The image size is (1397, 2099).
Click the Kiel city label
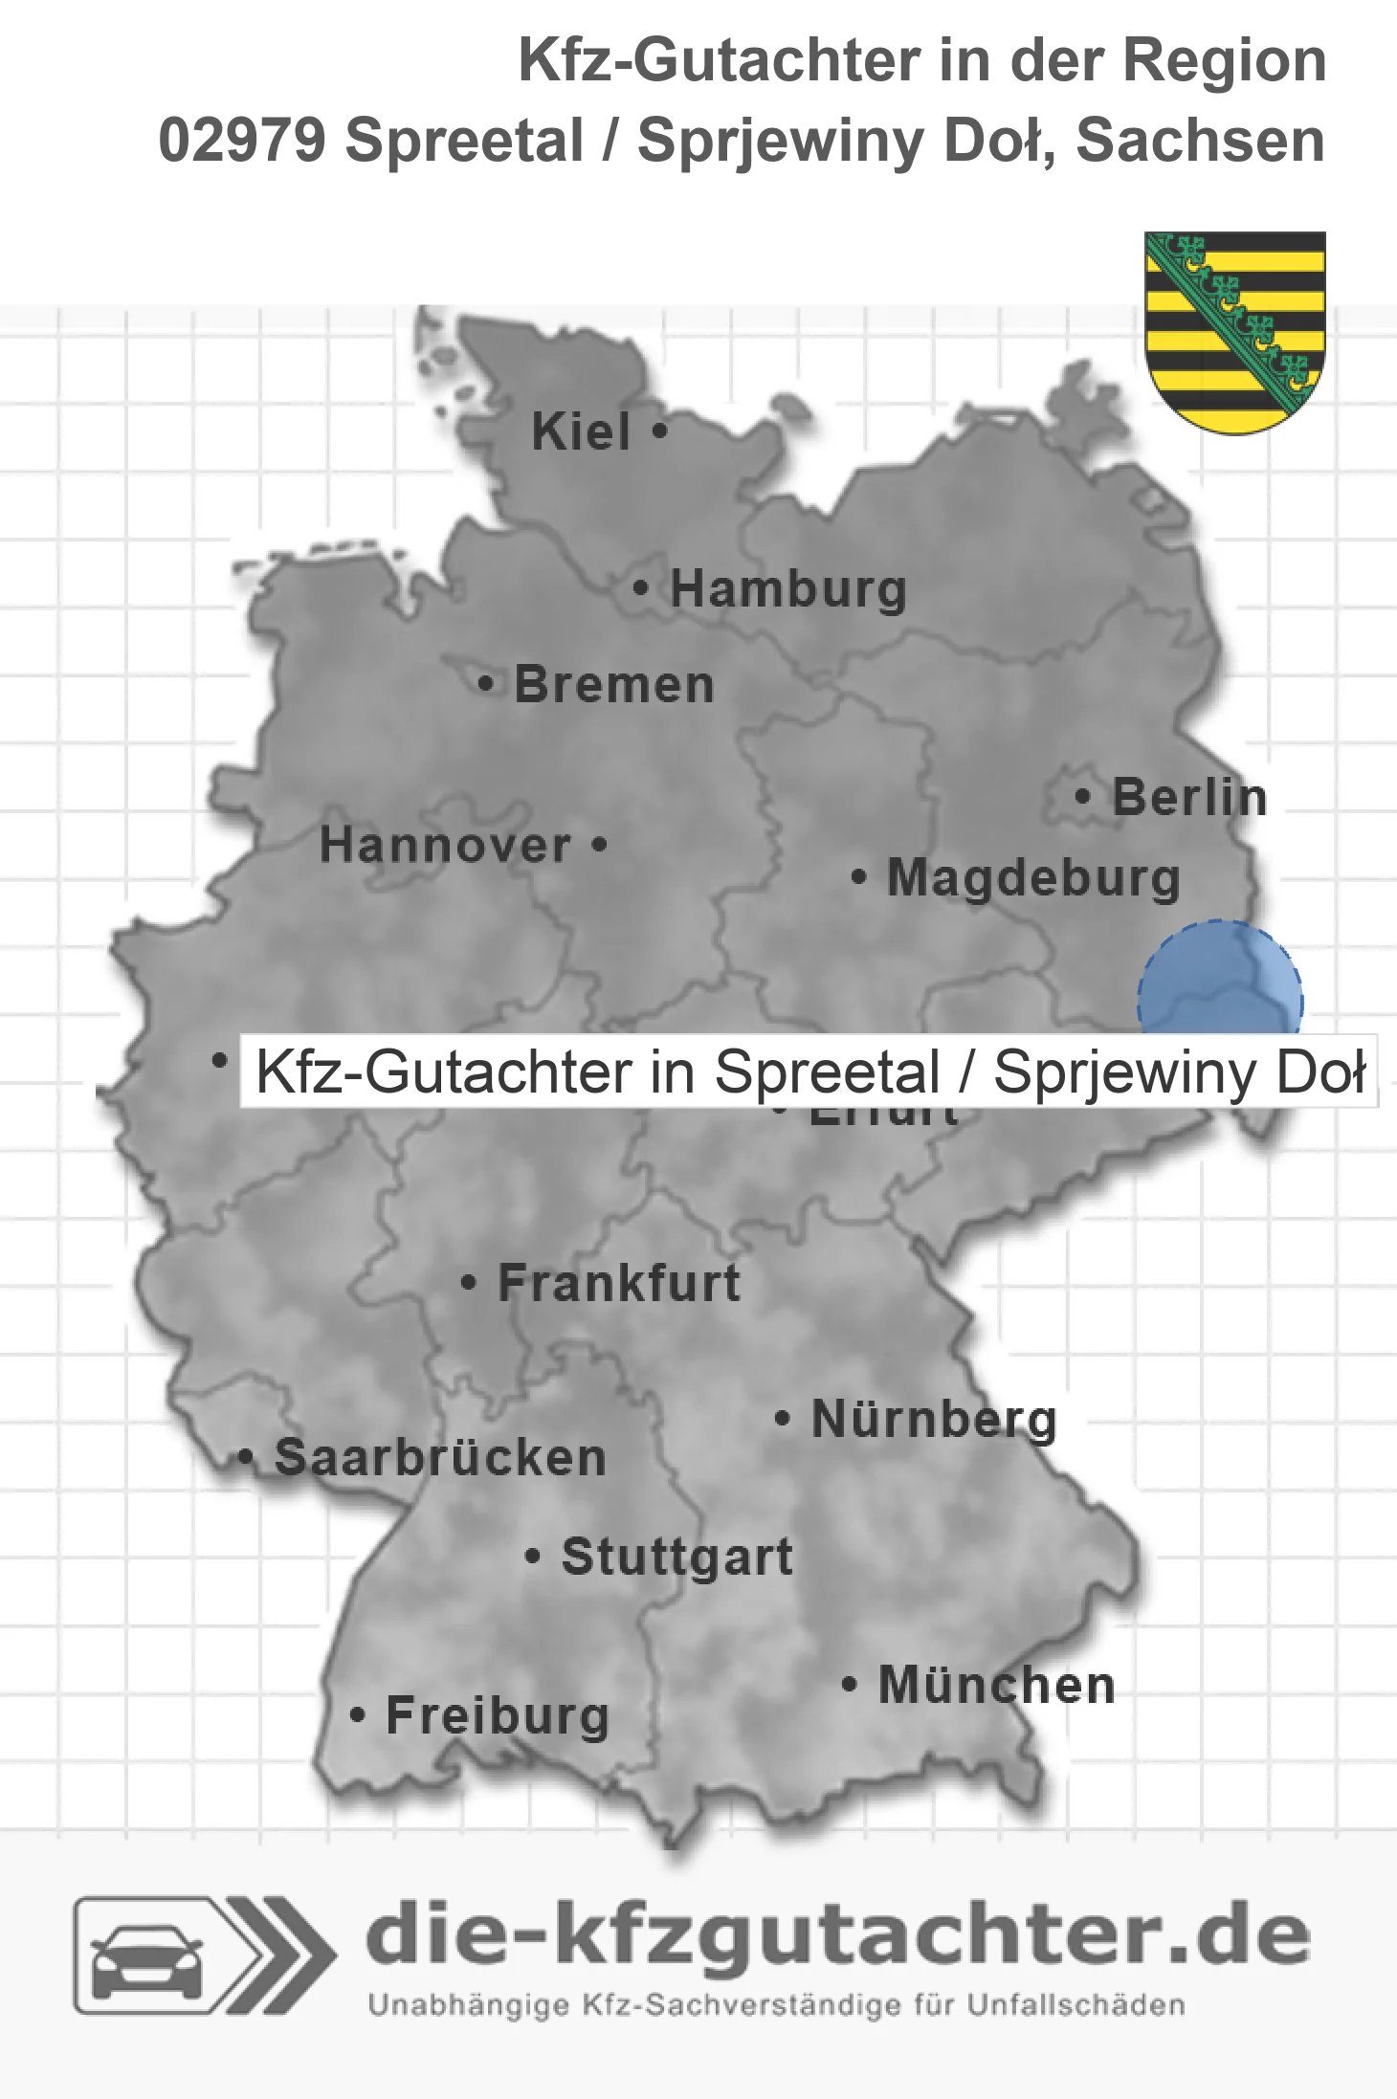(x=581, y=431)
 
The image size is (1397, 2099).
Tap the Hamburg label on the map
(x=787, y=588)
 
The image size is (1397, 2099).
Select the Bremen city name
(x=614, y=685)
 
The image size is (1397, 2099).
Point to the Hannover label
(x=445, y=846)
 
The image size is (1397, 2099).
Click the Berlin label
(x=1189, y=797)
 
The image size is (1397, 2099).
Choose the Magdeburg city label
(x=1033, y=878)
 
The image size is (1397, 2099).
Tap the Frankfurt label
(x=619, y=1283)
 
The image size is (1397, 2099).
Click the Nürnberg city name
(x=934, y=1419)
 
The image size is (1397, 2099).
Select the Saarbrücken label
(x=440, y=1458)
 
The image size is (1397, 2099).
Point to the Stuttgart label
(x=676, y=1557)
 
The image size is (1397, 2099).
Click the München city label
(x=997, y=1685)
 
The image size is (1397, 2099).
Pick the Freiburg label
(x=498, y=1715)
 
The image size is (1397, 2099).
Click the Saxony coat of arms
(x=1235, y=331)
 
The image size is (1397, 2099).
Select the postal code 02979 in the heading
(x=241, y=141)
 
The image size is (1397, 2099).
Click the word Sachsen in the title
(x=1200, y=141)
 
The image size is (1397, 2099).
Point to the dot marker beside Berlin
(x=1082, y=796)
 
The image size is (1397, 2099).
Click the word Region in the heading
(x=1224, y=60)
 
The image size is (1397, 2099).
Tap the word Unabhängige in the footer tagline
(x=468, y=2005)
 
